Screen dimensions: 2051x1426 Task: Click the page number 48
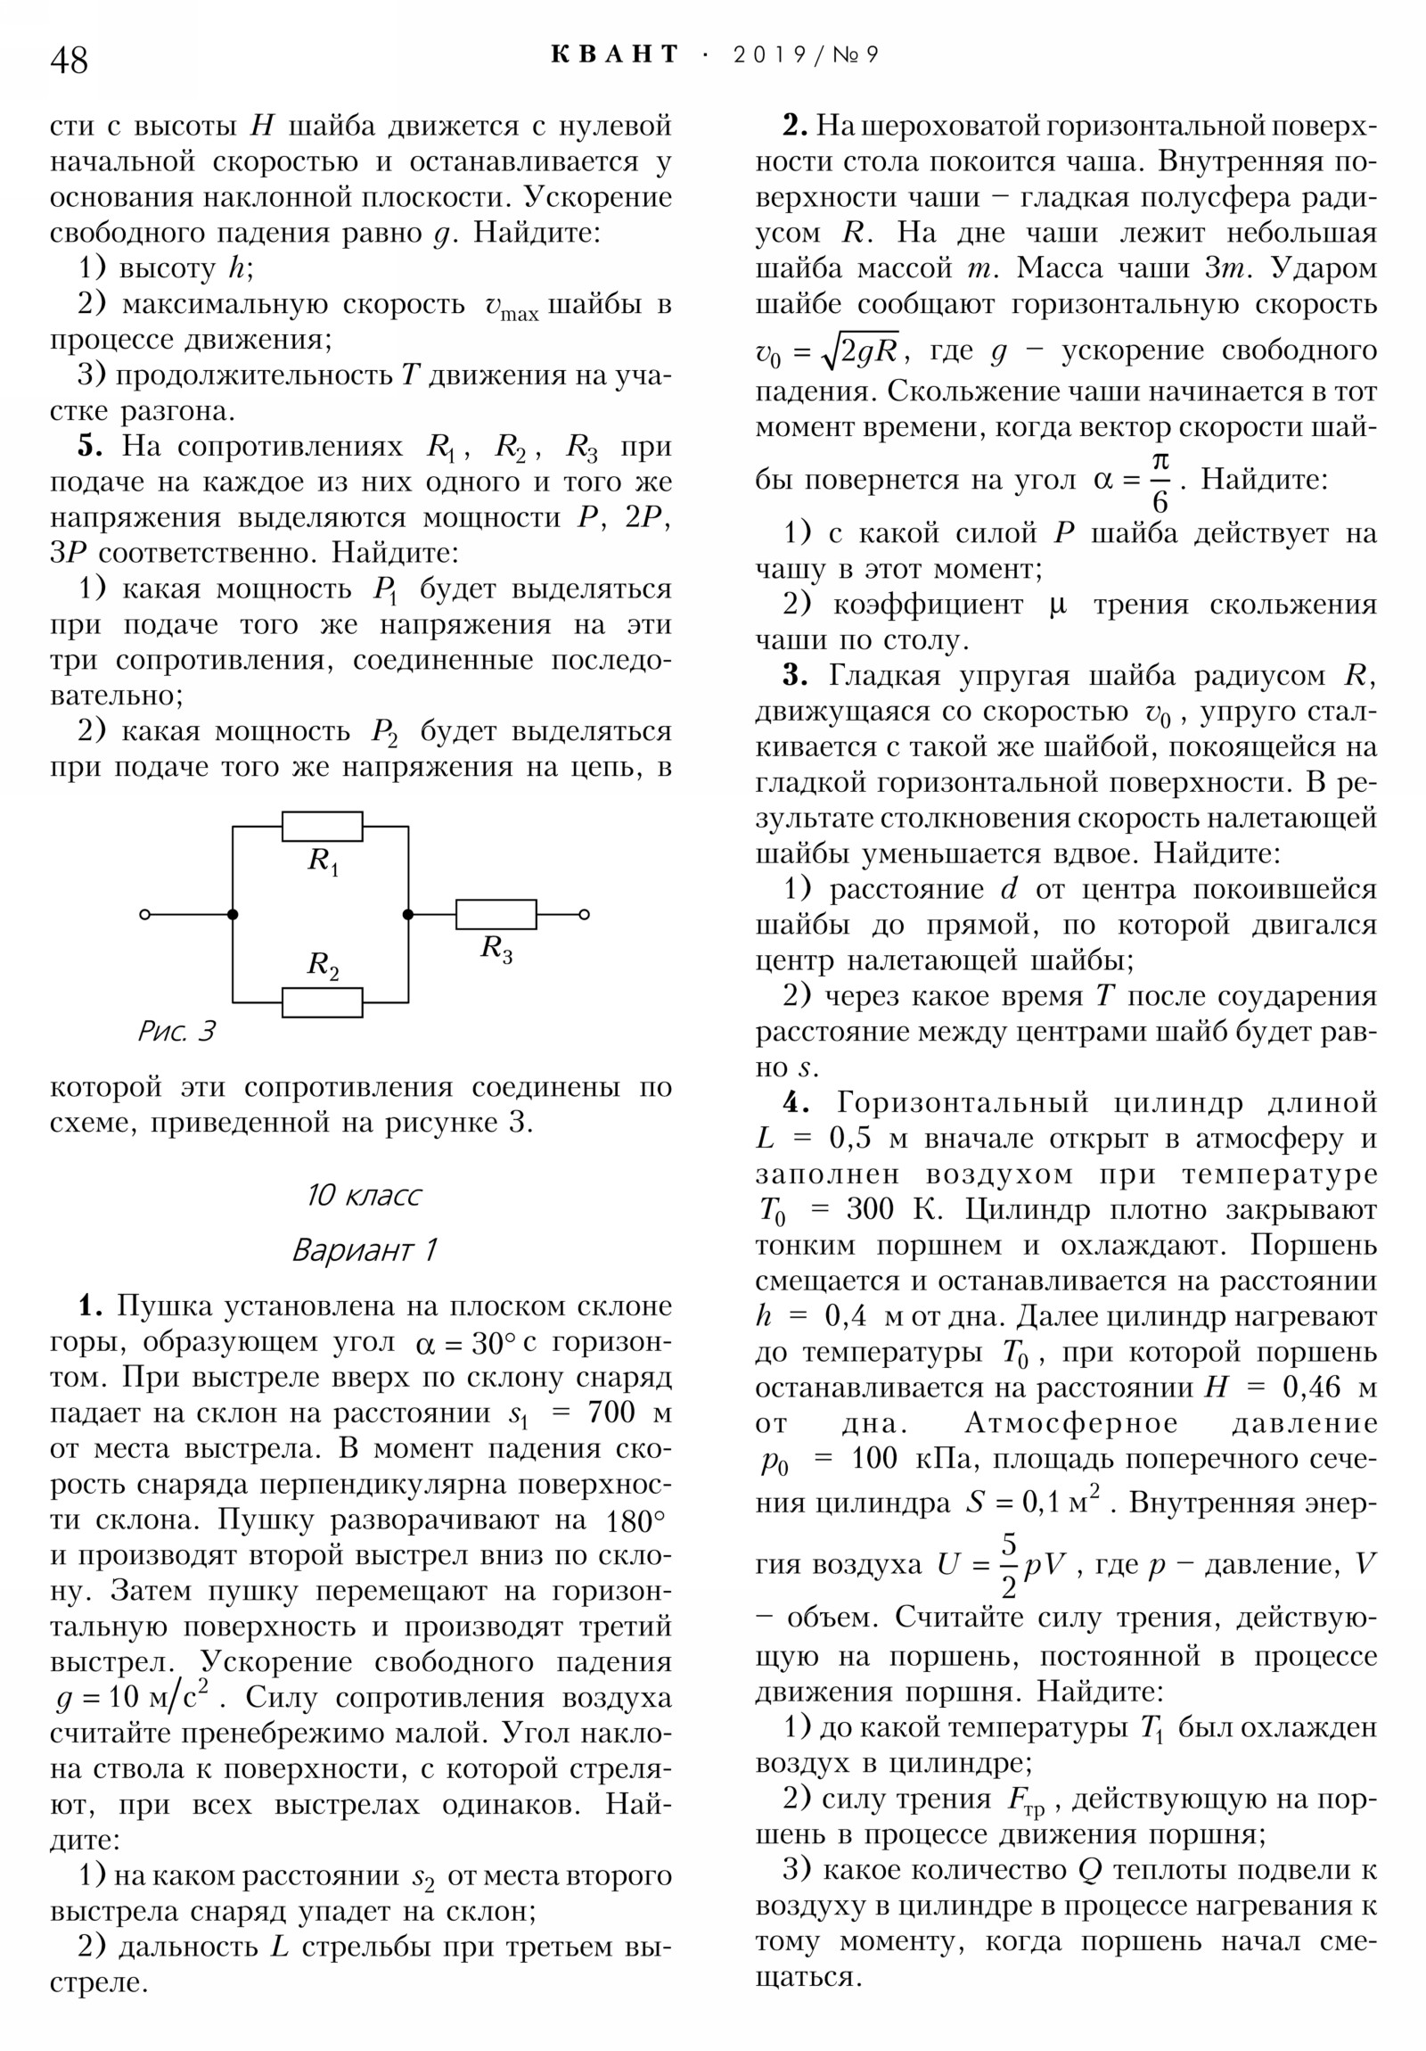(70, 60)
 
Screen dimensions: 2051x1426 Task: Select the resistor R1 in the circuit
(323, 827)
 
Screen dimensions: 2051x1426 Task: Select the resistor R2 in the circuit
(323, 1002)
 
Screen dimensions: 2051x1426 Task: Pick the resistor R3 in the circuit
(496, 914)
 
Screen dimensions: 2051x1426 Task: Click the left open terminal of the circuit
(145, 914)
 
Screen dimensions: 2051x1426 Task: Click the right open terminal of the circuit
(584, 914)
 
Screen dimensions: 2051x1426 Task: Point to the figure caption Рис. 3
(176, 1032)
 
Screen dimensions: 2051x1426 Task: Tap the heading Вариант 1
(365, 1249)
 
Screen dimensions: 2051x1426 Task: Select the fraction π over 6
(1159, 482)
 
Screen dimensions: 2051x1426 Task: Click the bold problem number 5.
(89, 446)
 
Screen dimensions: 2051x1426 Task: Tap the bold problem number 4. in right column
(796, 1103)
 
